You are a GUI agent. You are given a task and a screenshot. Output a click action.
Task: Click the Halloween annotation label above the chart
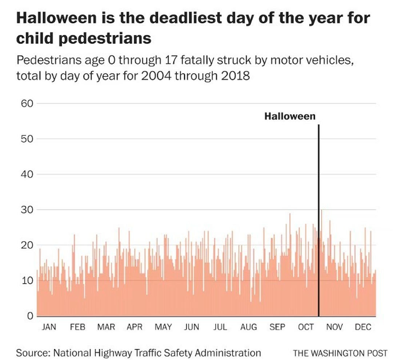[290, 116]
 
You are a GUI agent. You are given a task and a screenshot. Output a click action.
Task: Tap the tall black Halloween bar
[319, 218]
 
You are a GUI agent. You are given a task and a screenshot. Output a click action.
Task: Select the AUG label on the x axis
[249, 327]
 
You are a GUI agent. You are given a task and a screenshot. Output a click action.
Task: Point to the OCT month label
[306, 327]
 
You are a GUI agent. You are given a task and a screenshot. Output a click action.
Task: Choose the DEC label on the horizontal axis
[363, 327]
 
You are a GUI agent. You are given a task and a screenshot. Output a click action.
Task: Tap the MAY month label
[163, 327]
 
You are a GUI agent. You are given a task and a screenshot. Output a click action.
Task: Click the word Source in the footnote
[33, 352]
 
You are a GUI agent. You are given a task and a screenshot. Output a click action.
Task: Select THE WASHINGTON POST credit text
[340, 353]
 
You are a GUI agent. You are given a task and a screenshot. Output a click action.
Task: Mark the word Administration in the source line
[229, 352]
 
